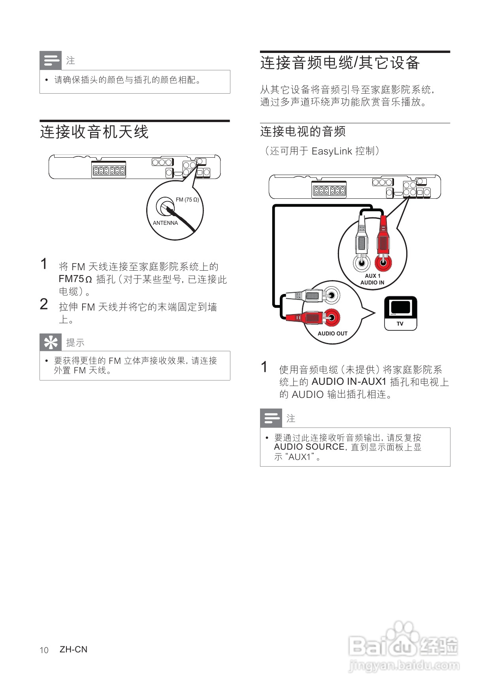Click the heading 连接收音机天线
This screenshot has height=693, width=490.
[94, 132]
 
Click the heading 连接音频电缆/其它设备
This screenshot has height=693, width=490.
[340, 63]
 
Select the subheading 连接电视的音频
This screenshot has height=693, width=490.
[303, 132]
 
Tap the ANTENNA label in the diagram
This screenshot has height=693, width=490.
[165, 223]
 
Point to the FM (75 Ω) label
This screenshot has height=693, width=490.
[187, 200]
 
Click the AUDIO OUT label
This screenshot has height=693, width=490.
[332, 333]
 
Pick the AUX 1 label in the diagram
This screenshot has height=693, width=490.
[372, 276]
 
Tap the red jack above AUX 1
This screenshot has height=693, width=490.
[383, 262]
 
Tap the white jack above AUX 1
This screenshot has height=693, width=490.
[362, 263]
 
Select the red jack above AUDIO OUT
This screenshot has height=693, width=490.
[332, 317]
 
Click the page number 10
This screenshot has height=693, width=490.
[44, 650]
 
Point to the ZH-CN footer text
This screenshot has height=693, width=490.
[73, 650]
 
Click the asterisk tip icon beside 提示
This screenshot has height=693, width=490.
[51, 342]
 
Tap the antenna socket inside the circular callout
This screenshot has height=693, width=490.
[164, 205]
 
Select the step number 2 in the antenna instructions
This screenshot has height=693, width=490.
[44, 304]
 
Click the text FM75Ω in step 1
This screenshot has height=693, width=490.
[75, 279]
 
